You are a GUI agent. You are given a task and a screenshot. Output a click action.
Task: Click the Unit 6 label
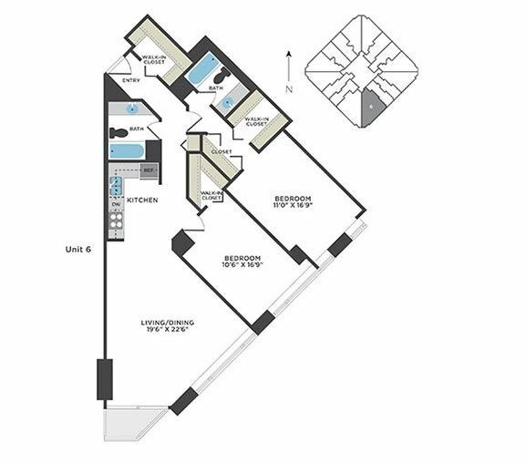tap(78, 250)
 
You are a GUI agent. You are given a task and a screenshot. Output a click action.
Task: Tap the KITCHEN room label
tap(142, 200)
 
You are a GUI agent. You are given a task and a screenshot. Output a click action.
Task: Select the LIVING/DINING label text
tap(168, 323)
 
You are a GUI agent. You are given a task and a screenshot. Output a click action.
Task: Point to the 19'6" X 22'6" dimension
tap(168, 330)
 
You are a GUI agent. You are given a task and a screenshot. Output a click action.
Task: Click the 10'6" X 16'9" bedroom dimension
tap(242, 264)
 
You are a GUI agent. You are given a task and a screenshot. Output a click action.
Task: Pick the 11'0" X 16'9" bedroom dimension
tap(293, 205)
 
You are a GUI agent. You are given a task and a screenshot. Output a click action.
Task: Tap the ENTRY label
tap(131, 81)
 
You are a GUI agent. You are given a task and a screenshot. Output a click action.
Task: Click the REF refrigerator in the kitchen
tap(149, 171)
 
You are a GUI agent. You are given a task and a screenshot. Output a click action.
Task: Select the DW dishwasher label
tap(116, 204)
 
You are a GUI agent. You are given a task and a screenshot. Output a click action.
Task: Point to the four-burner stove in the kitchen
tap(116, 221)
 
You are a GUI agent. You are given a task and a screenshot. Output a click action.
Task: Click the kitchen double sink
tap(116, 185)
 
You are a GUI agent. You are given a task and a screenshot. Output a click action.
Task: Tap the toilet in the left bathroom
tap(119, 133)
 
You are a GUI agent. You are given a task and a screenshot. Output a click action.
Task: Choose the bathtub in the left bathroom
tap(127, 151)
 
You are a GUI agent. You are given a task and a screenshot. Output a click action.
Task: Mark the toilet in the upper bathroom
tap(222, 76)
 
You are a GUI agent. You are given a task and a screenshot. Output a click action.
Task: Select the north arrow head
tap(289, 53)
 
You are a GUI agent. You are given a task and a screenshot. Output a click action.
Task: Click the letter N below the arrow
tap(289, 89)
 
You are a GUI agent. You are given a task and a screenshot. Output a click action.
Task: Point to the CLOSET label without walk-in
tap(222, 151)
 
